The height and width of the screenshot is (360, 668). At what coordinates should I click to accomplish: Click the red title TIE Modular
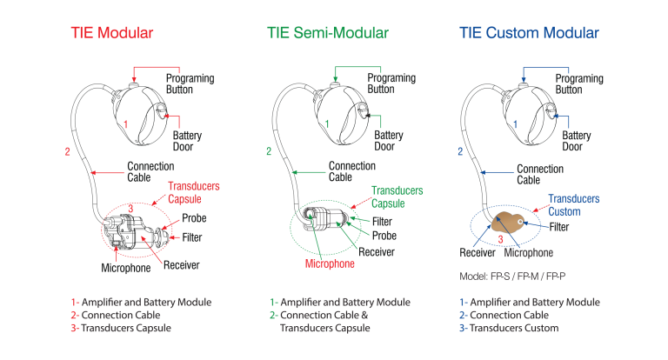[111, 33]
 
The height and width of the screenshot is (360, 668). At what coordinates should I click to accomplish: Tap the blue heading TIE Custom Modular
[529, 33]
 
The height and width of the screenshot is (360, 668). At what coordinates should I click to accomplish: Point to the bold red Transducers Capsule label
[193, 191]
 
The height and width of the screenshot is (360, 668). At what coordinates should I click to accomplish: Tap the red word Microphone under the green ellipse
[331, 262]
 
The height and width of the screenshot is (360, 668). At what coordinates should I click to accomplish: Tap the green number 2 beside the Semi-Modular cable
[269, 151]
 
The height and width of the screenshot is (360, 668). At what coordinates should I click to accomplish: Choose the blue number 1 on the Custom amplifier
[522, 123]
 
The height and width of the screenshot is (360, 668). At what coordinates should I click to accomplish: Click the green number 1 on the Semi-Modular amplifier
[327, 123]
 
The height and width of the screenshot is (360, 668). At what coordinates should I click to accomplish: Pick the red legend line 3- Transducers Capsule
[122, 329]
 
